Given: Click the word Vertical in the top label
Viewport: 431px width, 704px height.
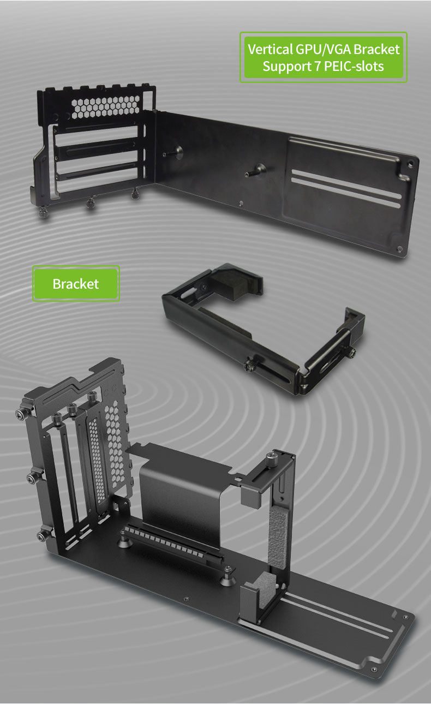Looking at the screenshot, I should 270,49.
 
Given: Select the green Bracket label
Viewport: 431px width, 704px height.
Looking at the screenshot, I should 76,284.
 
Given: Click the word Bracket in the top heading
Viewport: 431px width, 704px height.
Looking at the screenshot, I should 376,49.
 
